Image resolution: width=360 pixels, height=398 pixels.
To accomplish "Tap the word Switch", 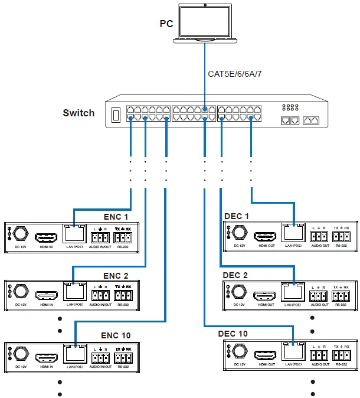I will click(78, 113).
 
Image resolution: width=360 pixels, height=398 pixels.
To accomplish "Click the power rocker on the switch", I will click(117, 114).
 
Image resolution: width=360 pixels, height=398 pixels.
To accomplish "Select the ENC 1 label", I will click(115, 217).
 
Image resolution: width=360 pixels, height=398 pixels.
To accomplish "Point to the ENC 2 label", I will click(115, 275).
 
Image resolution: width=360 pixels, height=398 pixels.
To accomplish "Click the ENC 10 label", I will click(117, 335).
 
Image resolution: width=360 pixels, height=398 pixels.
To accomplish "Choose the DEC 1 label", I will click(237, 216).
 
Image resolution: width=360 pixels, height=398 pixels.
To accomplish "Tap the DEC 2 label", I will click(235, 275).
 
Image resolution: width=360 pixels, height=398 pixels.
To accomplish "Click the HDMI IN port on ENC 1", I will click(46, 238).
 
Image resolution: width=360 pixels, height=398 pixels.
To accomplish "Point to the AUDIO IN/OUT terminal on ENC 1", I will click(100, 239).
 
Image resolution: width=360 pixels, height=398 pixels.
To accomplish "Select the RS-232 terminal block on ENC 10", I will click(123, 357).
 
